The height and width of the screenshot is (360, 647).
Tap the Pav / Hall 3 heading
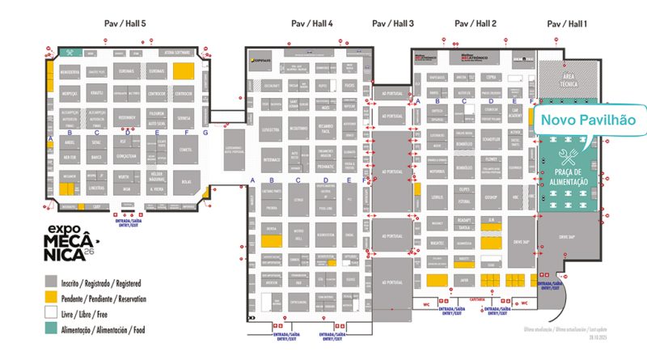tap(392, 23)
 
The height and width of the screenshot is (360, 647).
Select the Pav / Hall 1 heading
tap(567, 23)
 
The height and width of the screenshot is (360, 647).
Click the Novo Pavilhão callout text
tap(588, 119)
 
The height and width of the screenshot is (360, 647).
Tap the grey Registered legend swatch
tap(50, 280)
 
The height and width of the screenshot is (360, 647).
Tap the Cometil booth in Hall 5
tap(186, 150)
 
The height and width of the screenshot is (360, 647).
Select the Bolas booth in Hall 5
tap(186, 182)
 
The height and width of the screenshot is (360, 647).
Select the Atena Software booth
tap(175, 50)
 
